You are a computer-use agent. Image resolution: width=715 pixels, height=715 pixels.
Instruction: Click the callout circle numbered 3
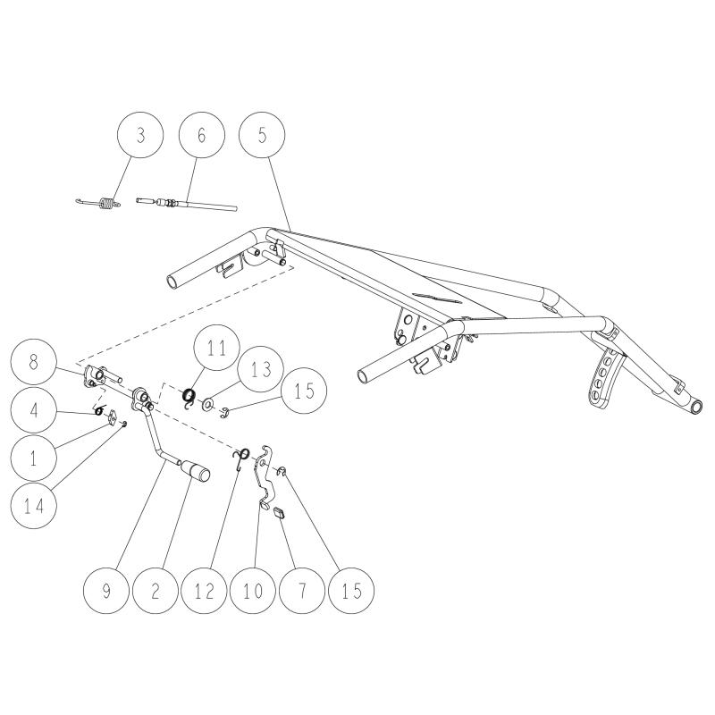pos(140,135)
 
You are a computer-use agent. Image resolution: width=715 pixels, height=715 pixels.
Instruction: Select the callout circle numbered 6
pos(202,135)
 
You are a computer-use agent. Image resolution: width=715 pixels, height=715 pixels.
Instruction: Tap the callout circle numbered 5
pos(262,135)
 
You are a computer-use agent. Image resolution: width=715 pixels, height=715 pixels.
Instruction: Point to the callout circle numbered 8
pos(33,362)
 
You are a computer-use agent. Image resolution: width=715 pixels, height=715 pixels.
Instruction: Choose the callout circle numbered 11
pos(216,348)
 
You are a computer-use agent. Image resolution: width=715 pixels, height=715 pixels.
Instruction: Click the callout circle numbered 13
pos(261,369)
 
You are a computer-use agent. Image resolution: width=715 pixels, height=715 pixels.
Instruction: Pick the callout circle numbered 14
pos(34,506)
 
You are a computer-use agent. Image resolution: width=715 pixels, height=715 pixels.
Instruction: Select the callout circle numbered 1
pos(34,458)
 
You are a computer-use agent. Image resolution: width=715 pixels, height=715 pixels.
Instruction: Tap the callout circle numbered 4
pos(34,410)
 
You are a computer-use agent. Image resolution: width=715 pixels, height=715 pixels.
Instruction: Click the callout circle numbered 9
pos(106,591)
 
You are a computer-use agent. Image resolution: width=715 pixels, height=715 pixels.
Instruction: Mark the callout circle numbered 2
pos(155,591)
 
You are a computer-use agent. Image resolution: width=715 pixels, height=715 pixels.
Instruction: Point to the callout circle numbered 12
pos(205,591)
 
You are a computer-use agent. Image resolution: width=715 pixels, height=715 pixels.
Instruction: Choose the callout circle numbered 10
pos(253,591)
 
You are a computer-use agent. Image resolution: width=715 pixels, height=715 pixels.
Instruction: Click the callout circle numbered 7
pos(302,591)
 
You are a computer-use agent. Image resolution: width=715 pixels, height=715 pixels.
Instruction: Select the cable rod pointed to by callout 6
pos(187,204)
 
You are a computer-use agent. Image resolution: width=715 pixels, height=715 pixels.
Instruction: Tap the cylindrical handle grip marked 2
pos(195,471)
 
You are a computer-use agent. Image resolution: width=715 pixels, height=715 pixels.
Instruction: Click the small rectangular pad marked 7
pos(280,512)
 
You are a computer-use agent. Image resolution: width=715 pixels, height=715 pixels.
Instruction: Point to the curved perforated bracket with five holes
pos(604,377)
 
